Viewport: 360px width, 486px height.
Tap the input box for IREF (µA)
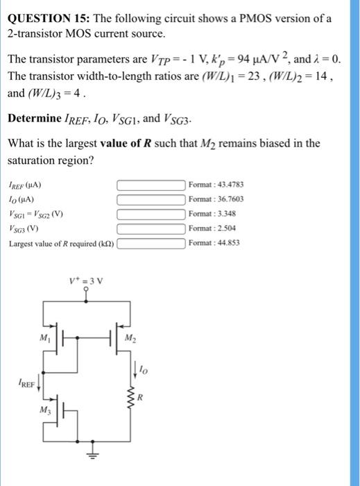click(x=151, y=185)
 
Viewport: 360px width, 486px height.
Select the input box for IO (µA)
click(x=151, y=200)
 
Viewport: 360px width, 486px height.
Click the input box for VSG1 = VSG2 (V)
click(x=151, y=215)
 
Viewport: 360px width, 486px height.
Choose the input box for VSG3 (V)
click(x=151, y=228)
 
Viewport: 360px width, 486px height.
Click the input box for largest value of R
click(x=151, y=243)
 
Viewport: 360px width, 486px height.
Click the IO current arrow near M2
click(x=128, y=368)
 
